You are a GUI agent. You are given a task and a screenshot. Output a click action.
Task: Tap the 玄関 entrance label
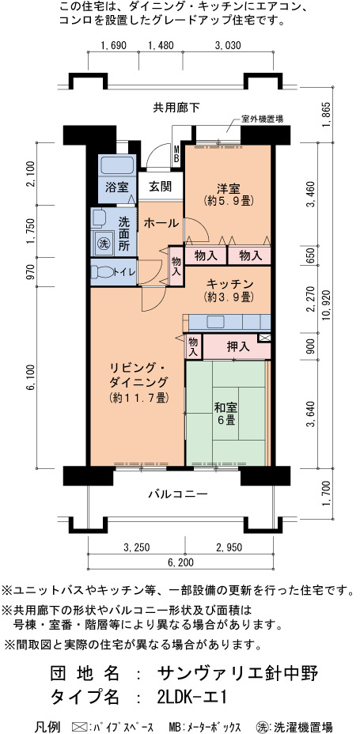coord(160,187)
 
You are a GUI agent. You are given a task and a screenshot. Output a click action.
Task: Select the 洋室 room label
coord(228,189)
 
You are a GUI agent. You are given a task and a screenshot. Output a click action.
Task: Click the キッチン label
coord(230,284)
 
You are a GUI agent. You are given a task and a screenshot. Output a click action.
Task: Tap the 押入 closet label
coord(238,346)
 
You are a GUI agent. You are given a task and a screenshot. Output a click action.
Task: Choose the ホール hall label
coord(161,223)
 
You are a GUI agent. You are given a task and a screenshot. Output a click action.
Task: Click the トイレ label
coord(124,272)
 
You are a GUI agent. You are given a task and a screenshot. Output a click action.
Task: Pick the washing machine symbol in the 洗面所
coord(103,244)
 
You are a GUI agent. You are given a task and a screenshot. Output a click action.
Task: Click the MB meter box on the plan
coord(176,154)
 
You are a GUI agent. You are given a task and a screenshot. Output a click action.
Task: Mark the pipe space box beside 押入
coord(264,338)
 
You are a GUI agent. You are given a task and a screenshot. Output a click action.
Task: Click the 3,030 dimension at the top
coord(228,45)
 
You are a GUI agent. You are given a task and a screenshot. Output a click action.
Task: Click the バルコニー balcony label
coord(178,494)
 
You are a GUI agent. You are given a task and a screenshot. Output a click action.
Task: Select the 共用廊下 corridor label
coord(176,108)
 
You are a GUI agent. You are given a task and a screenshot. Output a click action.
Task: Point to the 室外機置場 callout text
coord(262,119)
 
